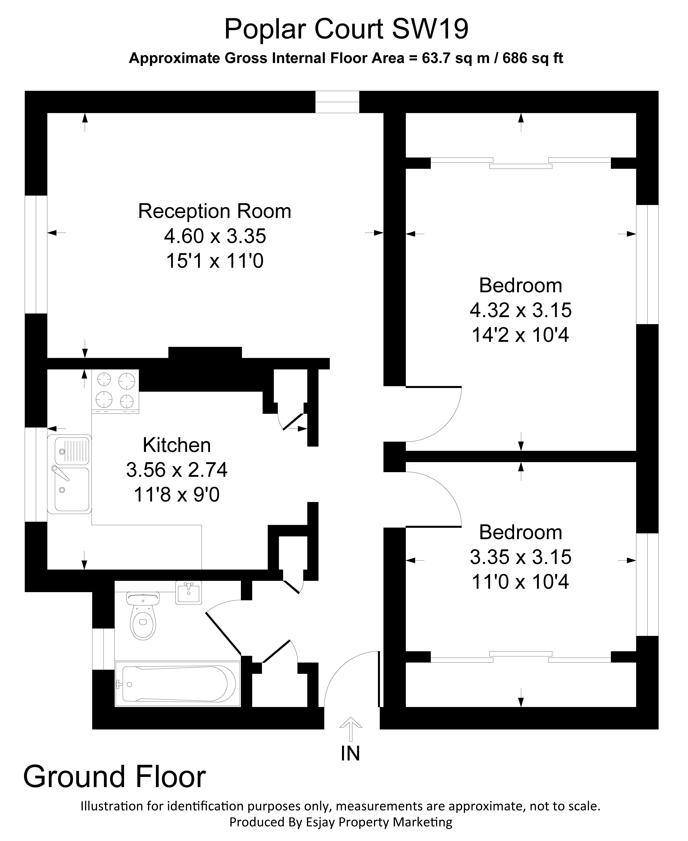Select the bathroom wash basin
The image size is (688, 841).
pos(189,593)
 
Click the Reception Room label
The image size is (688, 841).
pos(214,211)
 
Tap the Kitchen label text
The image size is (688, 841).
pos(177,445)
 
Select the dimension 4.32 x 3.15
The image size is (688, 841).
pos(520,310)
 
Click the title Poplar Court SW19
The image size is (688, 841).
pos(346,29)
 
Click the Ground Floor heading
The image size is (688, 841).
pos(115,777)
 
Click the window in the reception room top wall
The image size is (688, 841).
pos(337,102)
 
